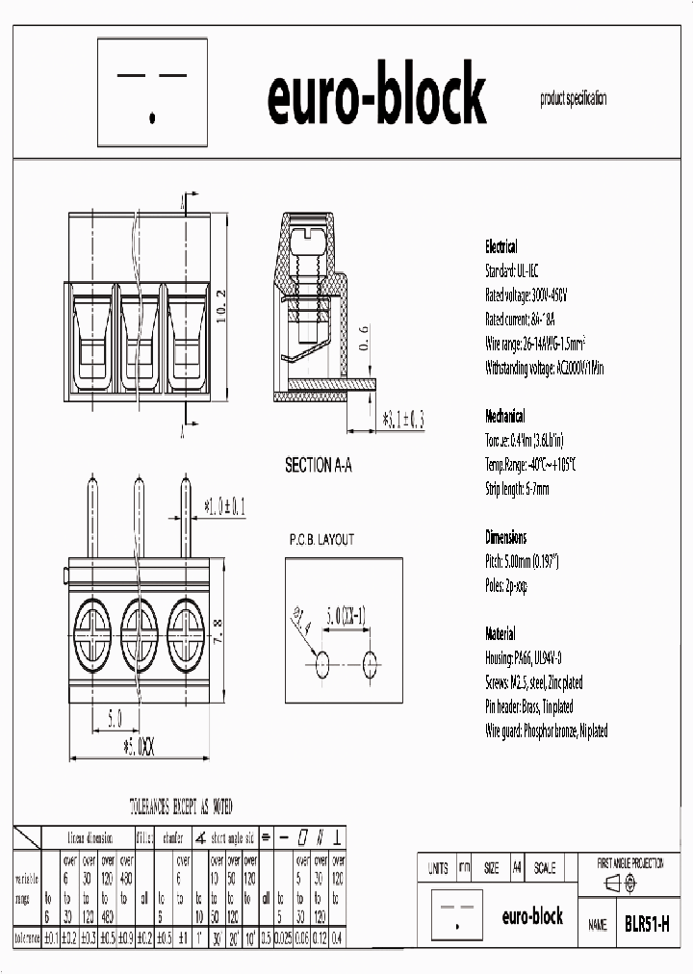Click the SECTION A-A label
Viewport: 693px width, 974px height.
[319, 466]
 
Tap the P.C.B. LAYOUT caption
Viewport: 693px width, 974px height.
[321, 540]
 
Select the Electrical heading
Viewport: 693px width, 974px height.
[500, 246]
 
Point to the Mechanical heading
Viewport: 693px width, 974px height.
[504, 416]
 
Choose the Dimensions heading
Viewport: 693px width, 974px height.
[505, 537]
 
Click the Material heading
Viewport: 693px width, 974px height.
[500, 634]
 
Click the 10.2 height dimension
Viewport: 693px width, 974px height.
[220, 309]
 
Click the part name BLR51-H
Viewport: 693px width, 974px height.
[647, 924]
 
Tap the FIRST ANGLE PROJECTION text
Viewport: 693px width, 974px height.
[630, 863]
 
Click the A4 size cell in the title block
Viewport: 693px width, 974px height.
[517, 868]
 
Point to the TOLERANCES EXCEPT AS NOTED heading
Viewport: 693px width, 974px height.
[181, 807]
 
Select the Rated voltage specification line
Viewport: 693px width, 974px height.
[526, 295]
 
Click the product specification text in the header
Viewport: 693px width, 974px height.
[574, 98]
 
